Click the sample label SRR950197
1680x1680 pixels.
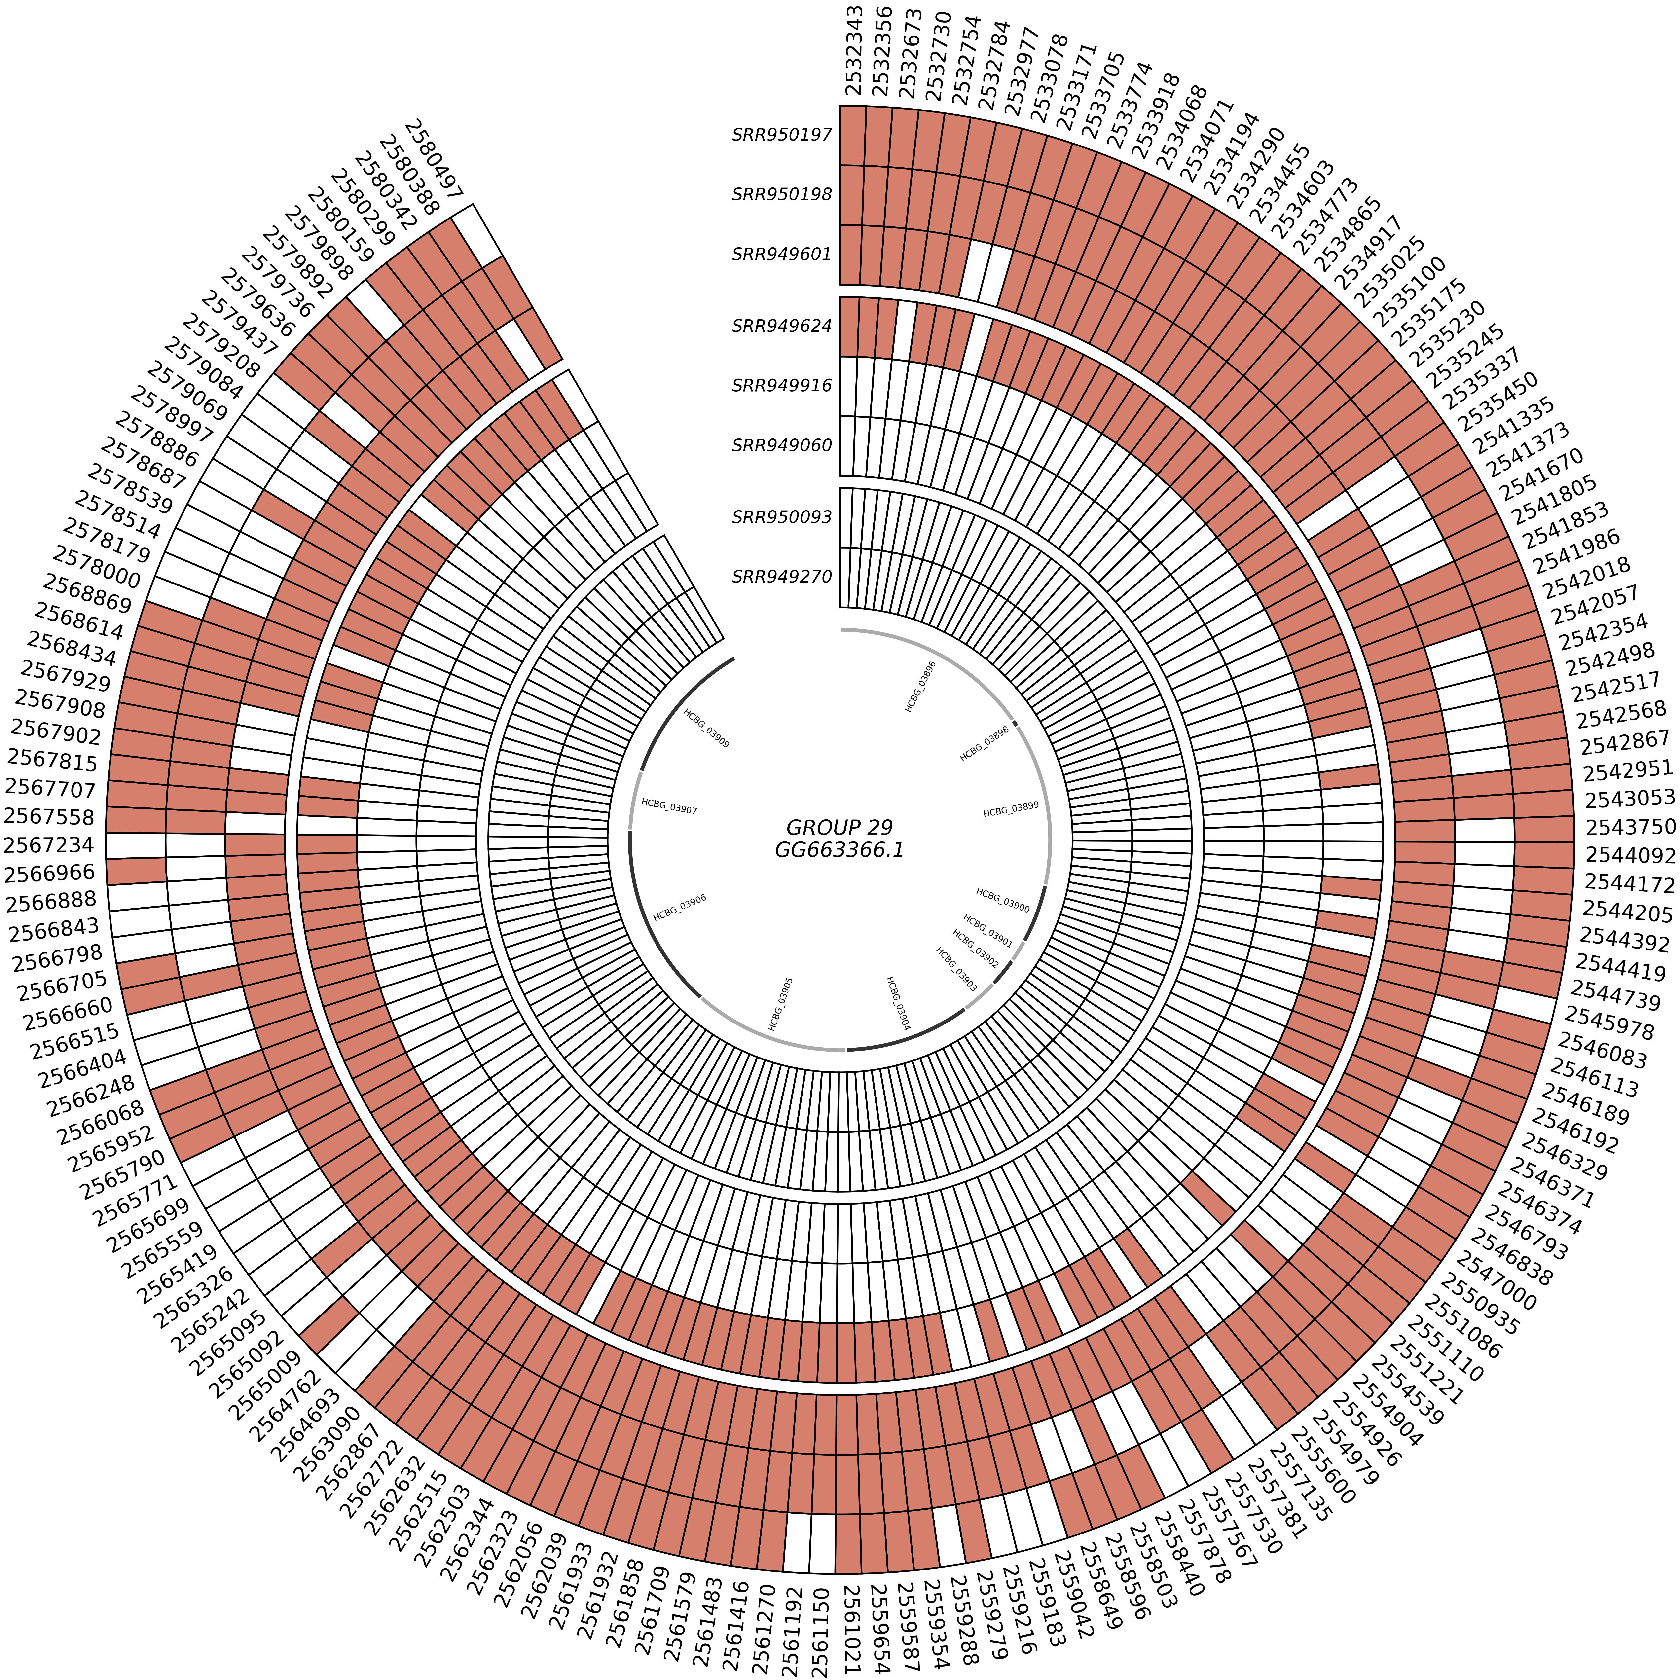(x=782, y=135)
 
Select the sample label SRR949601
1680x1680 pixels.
(x=782, y=255)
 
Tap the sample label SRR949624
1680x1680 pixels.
(x=782, y=326)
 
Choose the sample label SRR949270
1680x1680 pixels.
(x=782, y=577)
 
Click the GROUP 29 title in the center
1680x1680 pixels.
(x=839, y=827)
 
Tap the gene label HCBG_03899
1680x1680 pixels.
(x=1010, y=810)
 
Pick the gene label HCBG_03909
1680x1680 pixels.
(x=706, y=729)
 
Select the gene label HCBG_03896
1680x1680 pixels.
(x=921, y=686)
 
